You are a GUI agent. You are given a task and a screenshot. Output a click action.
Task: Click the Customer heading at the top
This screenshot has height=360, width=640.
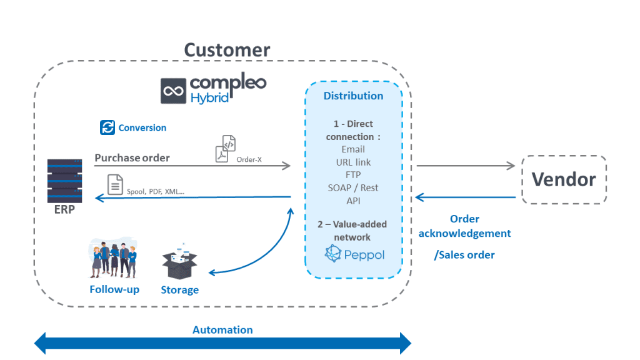[x=227, y=49]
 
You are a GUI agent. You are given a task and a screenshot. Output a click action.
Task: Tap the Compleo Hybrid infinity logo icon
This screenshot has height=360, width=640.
[x=172, y=91]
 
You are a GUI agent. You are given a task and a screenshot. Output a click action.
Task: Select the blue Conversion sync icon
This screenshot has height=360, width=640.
[x=107, y=127]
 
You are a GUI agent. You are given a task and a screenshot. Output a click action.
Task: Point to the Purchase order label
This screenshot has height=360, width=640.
[x=132, y=158]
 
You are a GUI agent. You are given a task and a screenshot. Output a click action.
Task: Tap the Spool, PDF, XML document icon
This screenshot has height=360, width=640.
[x=115, y=185]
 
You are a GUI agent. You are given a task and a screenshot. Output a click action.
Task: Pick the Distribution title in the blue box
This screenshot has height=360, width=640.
[x=353, y=96]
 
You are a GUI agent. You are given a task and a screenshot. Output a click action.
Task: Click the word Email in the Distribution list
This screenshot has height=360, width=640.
[x=353, y=149]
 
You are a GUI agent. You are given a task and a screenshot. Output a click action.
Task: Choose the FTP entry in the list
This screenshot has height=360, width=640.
[x=353, y=175]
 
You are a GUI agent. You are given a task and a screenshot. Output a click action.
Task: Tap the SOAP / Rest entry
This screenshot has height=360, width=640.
[x=353, y=187]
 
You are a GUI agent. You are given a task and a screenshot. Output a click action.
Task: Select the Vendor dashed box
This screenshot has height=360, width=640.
[x=564, y=180]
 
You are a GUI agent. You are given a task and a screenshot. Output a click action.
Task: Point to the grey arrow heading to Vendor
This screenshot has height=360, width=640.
[x=466, y=166]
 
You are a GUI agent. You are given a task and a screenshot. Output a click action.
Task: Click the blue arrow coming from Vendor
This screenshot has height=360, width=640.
[x=466, y=197]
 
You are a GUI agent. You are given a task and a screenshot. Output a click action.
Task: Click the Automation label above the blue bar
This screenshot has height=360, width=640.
[x=222, y=330]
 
